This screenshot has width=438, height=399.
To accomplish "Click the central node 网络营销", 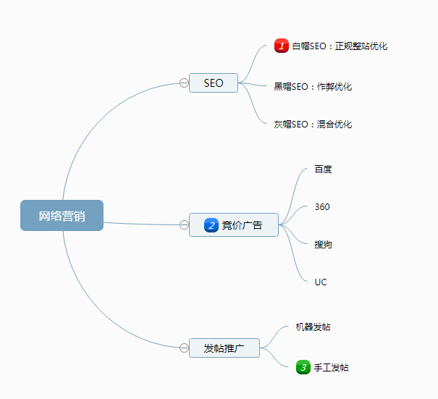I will (x=62, y=216).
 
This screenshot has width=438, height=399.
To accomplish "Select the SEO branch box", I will (x=214, y=83).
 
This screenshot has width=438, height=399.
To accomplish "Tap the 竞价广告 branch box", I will (x=234, y=225).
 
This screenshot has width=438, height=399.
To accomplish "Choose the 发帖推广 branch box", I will (x=224, y=348).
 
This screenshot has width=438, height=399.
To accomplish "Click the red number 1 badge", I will (x=282, y=46).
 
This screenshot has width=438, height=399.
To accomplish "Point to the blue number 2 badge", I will (x=211, y=225).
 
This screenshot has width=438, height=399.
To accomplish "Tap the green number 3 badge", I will (x=303, y=367).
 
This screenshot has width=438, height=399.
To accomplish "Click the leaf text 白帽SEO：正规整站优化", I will (x=340, y=46).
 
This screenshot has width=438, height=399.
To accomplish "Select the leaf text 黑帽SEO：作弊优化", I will (x=313, y=87).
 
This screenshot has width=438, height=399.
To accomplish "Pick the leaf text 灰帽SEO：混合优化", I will (x=313, y=125).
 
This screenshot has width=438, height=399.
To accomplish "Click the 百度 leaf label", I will (x=323, y=169).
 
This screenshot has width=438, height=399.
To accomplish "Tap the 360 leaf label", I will (x=322, y=207).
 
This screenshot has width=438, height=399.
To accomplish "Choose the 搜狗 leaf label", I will (x=323, y=245).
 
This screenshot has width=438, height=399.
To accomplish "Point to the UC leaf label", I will (x=321, y=282).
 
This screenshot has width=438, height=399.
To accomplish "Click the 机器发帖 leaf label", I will (x=313, y=327).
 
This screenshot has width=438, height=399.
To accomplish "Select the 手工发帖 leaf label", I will (x=331, y=368).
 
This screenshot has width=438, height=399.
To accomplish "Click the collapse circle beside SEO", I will (x=184, y=83).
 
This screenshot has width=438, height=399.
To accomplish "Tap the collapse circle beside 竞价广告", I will (x=184, y=225).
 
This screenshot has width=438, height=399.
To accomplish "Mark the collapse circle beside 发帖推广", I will (x=184, y=348).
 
